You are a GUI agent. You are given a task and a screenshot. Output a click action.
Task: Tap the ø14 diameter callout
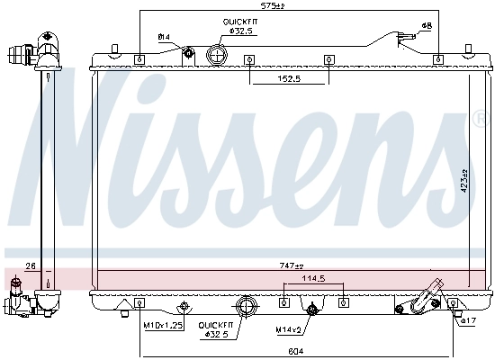click(x=165, y=36)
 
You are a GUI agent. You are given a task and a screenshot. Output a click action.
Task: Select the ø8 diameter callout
click(x=426, y=26)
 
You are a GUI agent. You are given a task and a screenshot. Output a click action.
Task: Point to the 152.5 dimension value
click(x=289, y=79)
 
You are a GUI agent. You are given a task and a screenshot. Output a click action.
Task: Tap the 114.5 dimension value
click(x=312, y=278)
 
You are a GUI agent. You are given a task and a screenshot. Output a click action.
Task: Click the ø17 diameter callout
click(x=467, y=320)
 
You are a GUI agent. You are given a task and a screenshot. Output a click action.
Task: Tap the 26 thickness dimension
click(x=30, y=266)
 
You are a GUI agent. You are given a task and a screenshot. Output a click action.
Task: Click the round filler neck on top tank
click(x=217, y=54)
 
